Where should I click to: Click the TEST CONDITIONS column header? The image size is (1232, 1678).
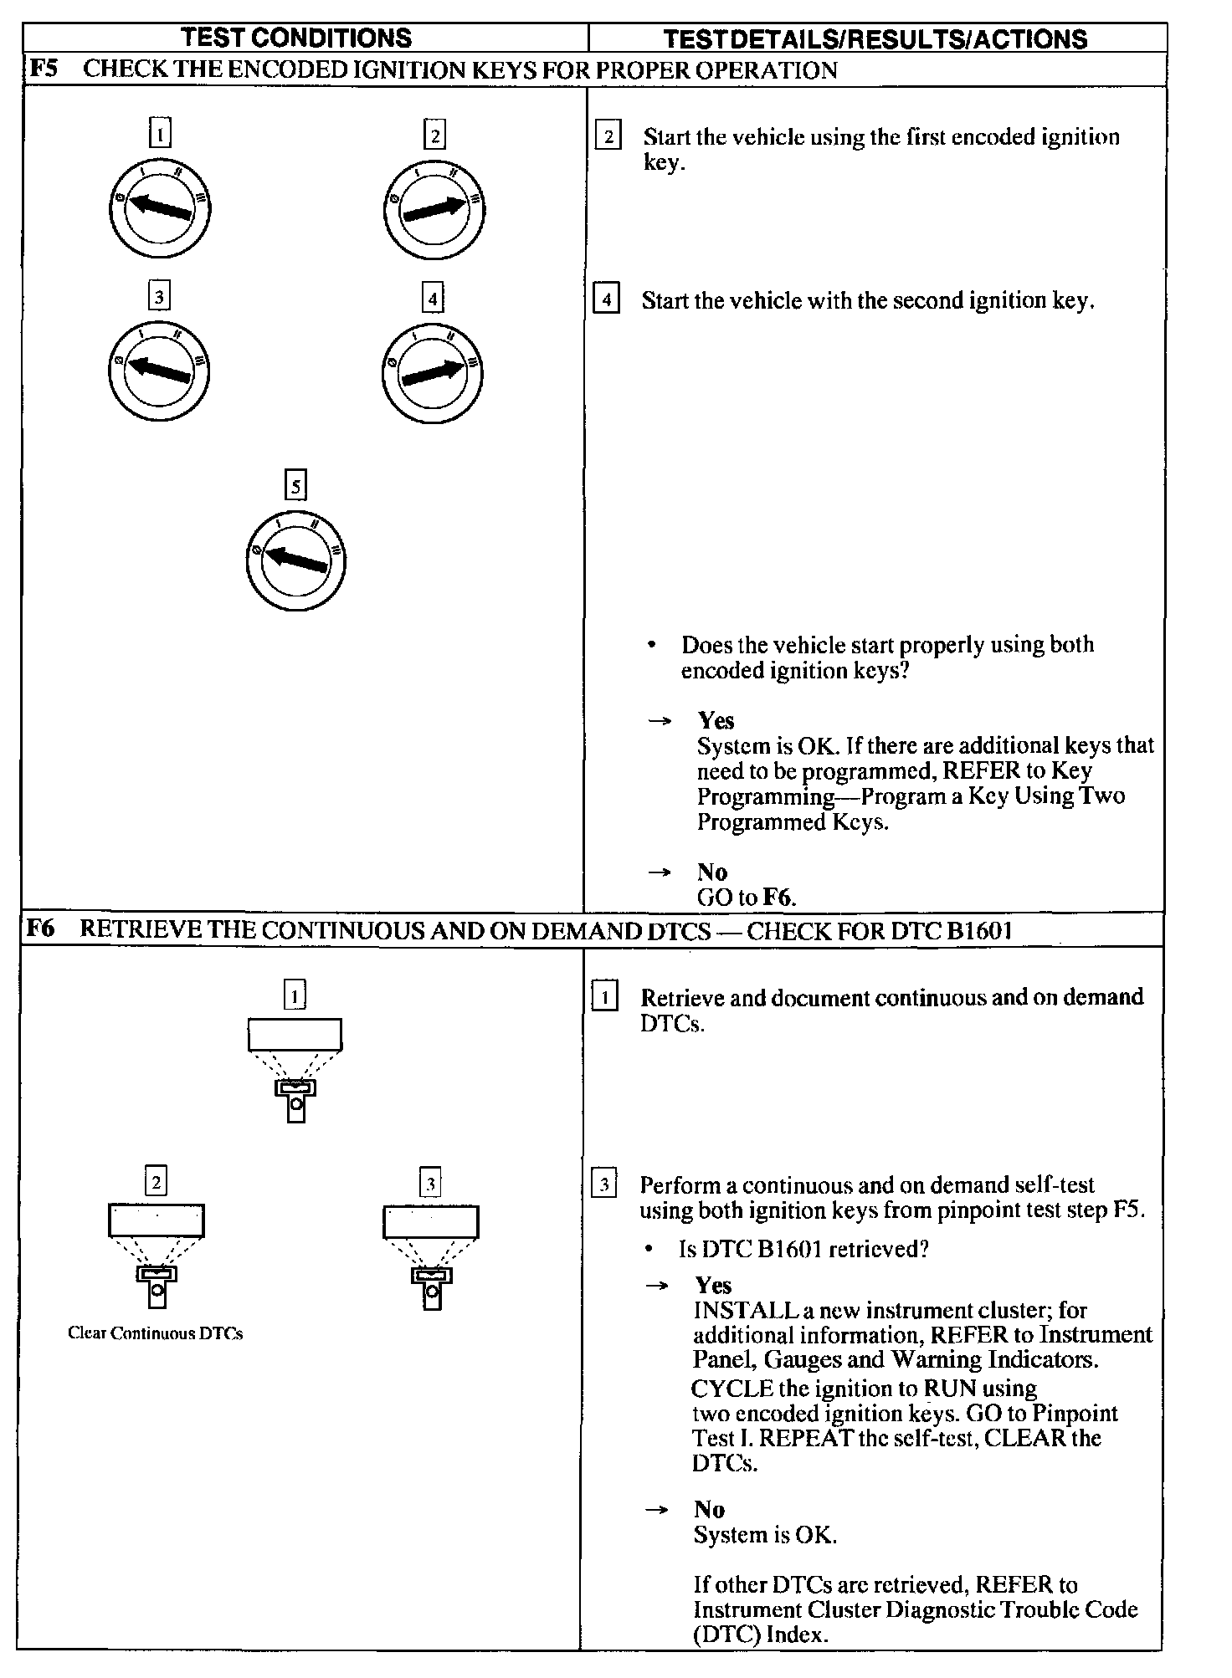tap(296, 38)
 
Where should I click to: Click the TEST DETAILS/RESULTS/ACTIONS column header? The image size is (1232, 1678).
tap(875, 38)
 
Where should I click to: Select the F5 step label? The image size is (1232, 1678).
tap(43, 69)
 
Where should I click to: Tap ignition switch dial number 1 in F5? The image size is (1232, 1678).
tap(160, 209)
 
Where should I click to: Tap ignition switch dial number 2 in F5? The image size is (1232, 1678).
tap(434, 209)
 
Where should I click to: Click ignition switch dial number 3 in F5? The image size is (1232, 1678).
tap(158, 371)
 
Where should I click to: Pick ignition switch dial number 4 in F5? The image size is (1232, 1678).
tap(433, 371)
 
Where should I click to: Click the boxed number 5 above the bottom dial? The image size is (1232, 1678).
tap(295, 486)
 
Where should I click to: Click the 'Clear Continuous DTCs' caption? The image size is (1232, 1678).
tap(156, 1333)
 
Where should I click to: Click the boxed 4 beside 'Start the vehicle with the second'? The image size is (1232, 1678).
tap(606, 299)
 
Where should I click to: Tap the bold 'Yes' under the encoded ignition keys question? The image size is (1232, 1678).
tap(716, 720)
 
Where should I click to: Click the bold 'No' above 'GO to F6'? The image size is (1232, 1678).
tap(712, 872)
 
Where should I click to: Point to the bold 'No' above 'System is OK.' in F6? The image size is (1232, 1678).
tap(709, 1509)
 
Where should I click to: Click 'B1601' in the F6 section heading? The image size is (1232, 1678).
tap(979, 930)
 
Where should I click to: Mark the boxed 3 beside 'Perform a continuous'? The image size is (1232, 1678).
tap(603, 1184)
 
